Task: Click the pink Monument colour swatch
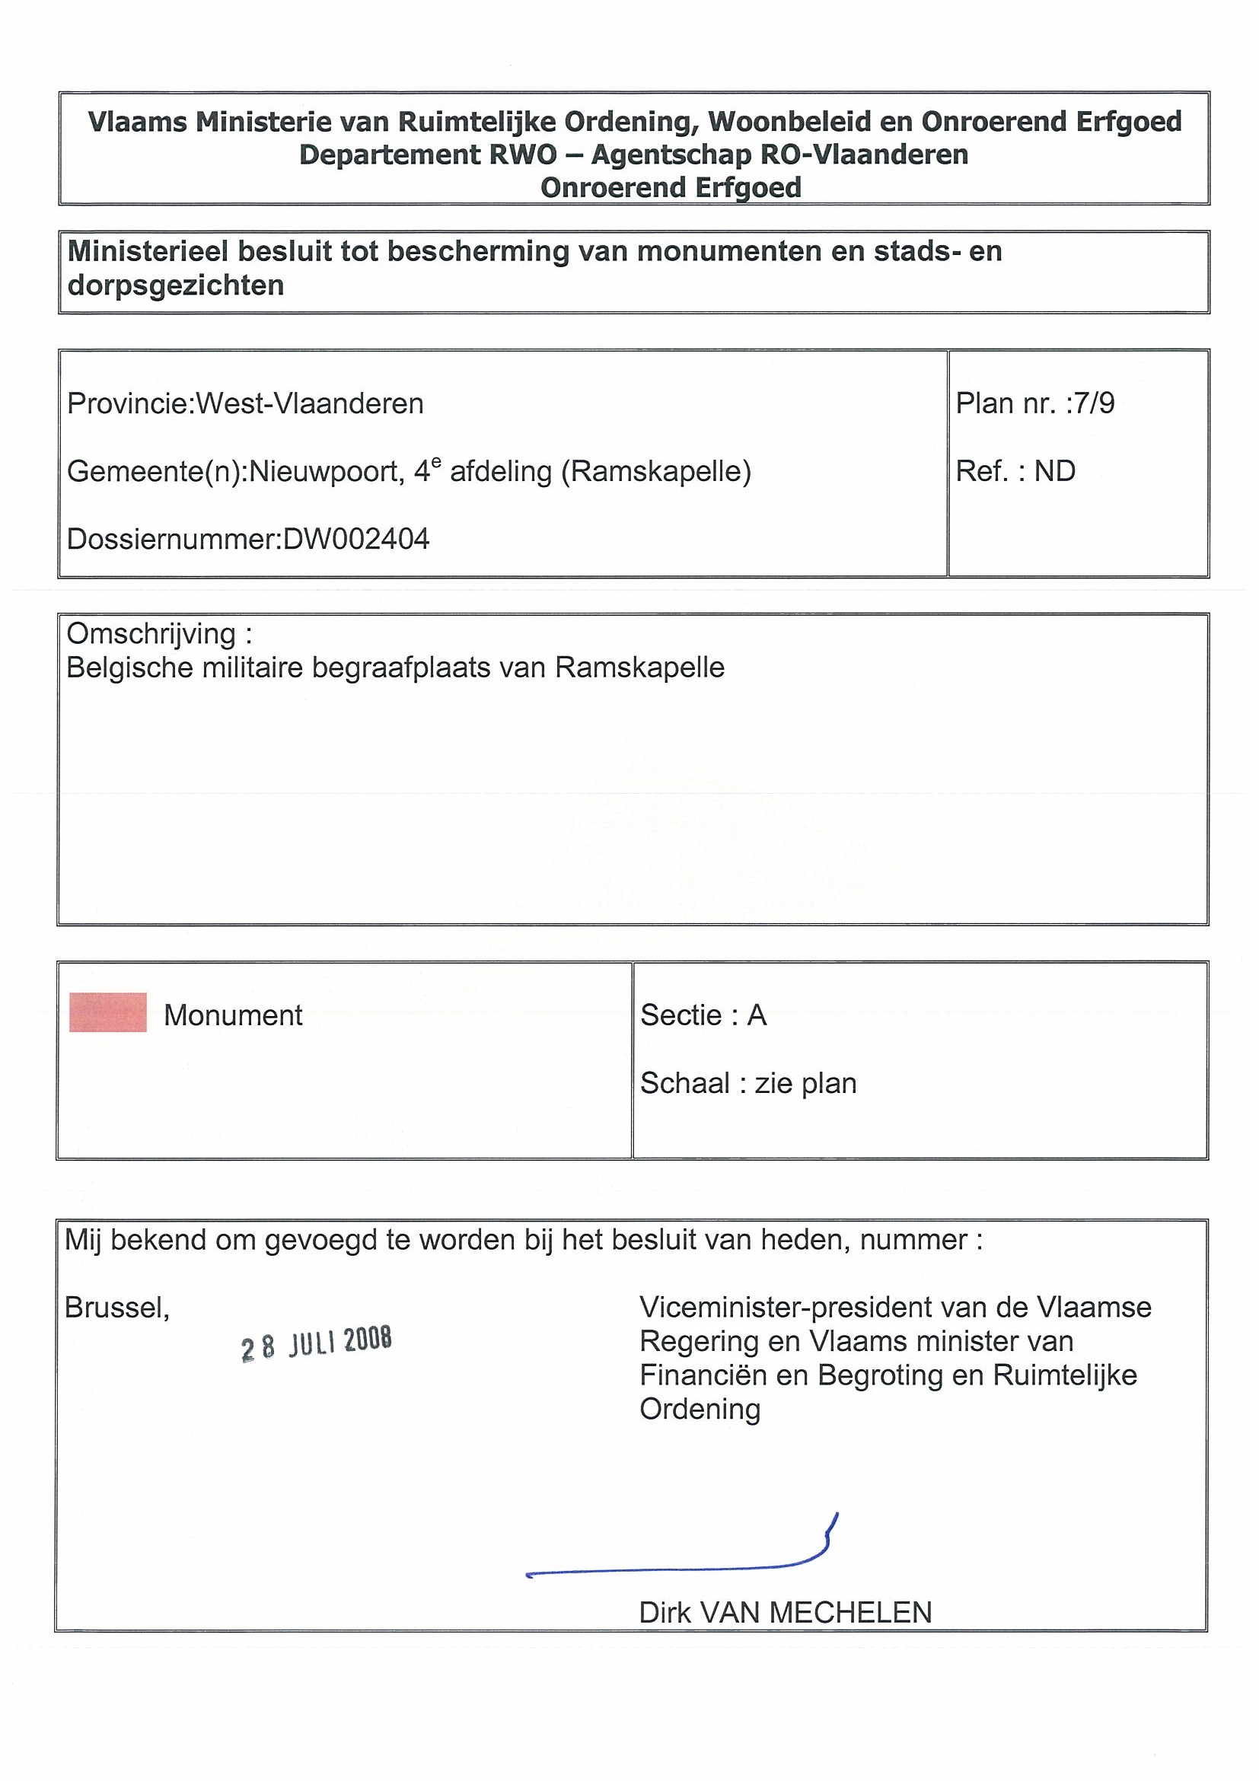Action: click(108, 1012)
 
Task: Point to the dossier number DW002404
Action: click(356, 539)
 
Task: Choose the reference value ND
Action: click(1054, 471)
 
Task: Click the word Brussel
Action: click(116, 1308)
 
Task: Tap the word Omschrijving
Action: click(151, 635)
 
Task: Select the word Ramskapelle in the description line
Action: click(640, 668)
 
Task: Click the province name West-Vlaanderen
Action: click(310, 404)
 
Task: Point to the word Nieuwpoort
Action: click(326, 472)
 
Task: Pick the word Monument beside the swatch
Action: click(233, 1015)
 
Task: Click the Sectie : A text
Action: click(703, 1015)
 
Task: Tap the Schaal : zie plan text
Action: click(747, 1083)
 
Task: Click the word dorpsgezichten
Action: click(175, 285)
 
